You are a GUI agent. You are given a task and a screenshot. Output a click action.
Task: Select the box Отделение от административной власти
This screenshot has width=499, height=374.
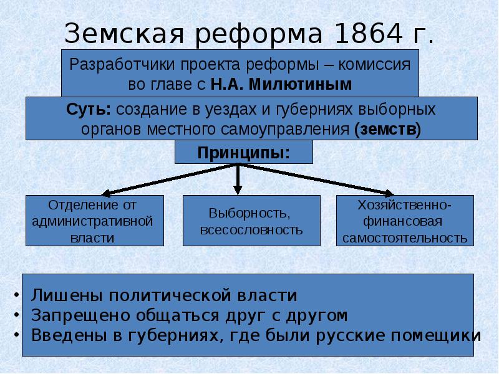click(94, 220)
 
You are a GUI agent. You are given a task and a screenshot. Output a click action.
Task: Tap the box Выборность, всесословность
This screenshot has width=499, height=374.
click(251, 220)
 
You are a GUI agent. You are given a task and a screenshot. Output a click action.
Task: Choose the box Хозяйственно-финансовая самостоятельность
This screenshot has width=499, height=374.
click(405, 220)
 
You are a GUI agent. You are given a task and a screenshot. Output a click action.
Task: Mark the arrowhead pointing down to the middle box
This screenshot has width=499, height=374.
click(238, 189)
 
